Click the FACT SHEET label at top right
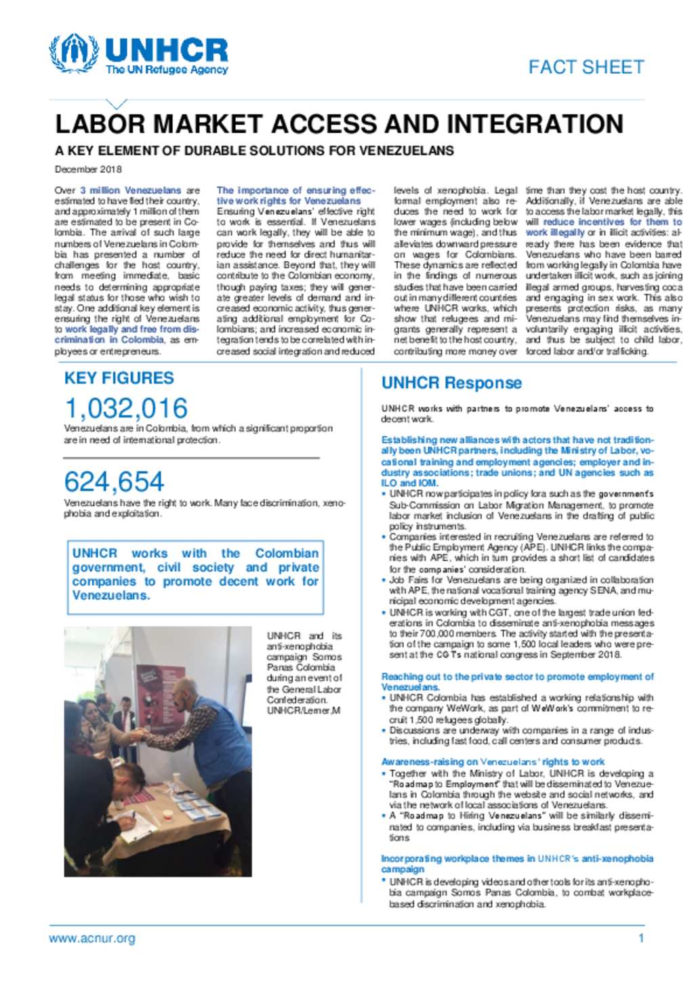(586, 67)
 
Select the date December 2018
(88, 169)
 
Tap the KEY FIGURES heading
(119, 378)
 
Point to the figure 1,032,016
(126, 409)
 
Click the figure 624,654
(114, 482)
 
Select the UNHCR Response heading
(451, 383)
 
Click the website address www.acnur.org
(91, 939)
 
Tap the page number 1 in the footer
(640, 939)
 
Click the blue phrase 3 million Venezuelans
(130, 190)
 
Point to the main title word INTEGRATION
(535, 125)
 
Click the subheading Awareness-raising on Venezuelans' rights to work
(492, 762)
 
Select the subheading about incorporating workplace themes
(516, 863)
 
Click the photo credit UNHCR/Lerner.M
(303, 711)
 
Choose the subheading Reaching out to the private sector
(516, 681)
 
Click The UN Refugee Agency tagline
(167, 70)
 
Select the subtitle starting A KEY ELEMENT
(254, 150)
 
